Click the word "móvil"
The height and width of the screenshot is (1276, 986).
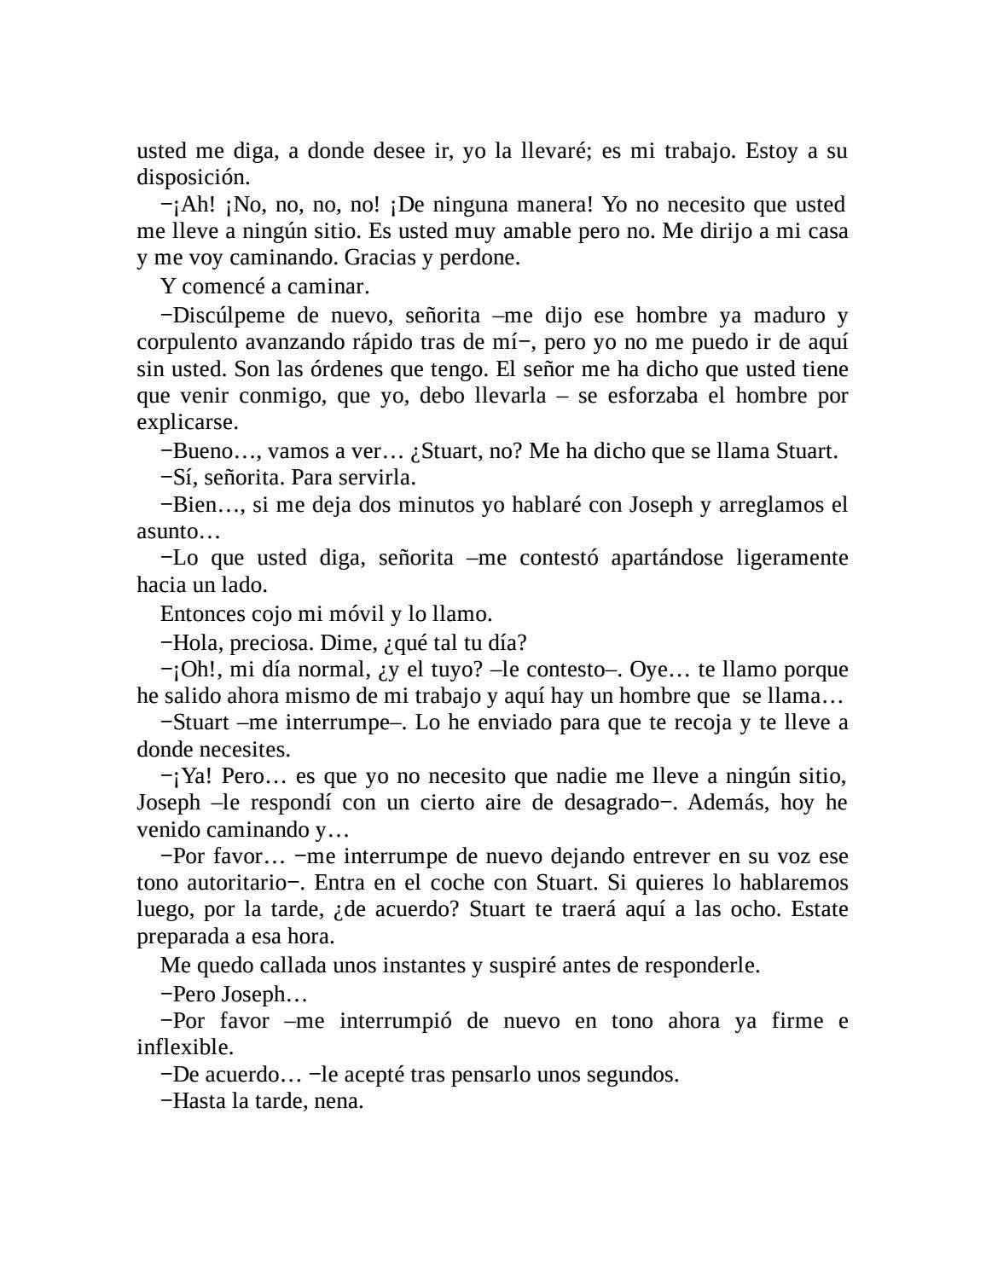[x=345, y=614]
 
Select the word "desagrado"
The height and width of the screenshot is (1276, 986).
[x=606, y=803]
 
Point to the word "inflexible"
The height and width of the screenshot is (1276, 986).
[x=184, y=1047]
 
